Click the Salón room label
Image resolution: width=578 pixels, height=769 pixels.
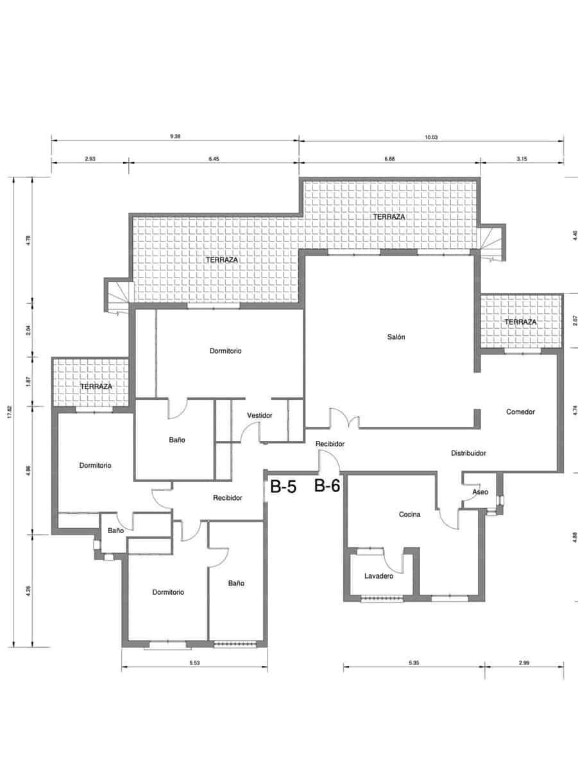click(396, 337)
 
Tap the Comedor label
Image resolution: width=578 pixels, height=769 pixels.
click(520, 411)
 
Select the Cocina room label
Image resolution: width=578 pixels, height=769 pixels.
click(409, 514)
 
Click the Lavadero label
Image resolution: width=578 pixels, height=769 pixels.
click(378, 576)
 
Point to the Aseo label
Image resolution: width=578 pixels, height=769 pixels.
click(480, 492)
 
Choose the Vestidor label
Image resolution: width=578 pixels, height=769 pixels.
click(259, 415)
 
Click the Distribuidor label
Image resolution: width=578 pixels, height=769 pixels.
click(468, 453)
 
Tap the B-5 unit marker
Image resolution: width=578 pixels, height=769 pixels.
click(283, 488)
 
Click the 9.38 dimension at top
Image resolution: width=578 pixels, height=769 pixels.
click(174, 136)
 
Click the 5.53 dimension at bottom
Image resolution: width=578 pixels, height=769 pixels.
click(194, 663)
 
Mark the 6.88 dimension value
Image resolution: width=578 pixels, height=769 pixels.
click(389, 158)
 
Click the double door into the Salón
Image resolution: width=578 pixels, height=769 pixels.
click(343, 418)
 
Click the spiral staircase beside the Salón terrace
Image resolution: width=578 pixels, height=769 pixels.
click(492, 244)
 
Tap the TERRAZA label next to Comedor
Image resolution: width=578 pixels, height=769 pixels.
click(520, 322)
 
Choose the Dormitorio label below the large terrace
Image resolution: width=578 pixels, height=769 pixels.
click(225, 351)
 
